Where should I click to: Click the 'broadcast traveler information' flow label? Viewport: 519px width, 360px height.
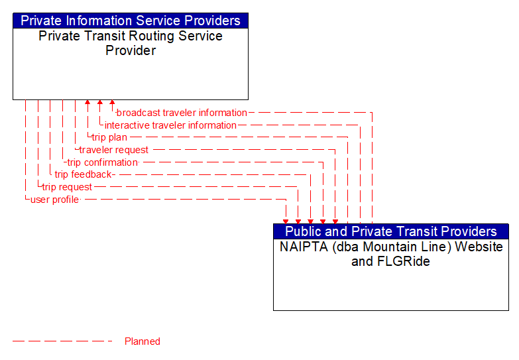(182, 113)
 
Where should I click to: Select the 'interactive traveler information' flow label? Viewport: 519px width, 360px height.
(170, 125)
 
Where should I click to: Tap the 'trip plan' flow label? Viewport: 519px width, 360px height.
(109, 137)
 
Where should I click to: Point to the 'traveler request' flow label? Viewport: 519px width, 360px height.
(114, 150)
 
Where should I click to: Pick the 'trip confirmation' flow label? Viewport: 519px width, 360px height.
(102, 162)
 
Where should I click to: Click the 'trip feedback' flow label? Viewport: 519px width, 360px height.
(83, 174)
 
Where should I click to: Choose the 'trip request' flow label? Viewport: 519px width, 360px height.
(67, 187)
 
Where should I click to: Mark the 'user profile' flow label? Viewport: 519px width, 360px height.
(54, 200)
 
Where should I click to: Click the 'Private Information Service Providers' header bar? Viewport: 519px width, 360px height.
(131, 21)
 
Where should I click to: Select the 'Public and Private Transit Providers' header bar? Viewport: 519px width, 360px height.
(390, 231)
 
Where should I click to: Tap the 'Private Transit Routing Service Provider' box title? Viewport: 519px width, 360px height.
(131, 43)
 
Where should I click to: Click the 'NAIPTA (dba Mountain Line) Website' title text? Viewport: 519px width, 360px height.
(390, 247)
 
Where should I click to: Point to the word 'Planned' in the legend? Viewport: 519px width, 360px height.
(143, 341)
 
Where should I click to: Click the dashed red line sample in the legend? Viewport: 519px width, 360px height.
(63, 341)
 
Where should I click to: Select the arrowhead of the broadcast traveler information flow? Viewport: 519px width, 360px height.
(112, 103)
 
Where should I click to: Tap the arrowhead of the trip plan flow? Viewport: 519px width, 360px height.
(87, 103)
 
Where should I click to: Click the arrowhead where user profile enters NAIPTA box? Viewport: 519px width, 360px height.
(286, 220)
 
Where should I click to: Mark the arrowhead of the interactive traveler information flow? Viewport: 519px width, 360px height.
(99, 103)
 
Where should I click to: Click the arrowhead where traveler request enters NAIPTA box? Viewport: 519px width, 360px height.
(335, 220)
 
